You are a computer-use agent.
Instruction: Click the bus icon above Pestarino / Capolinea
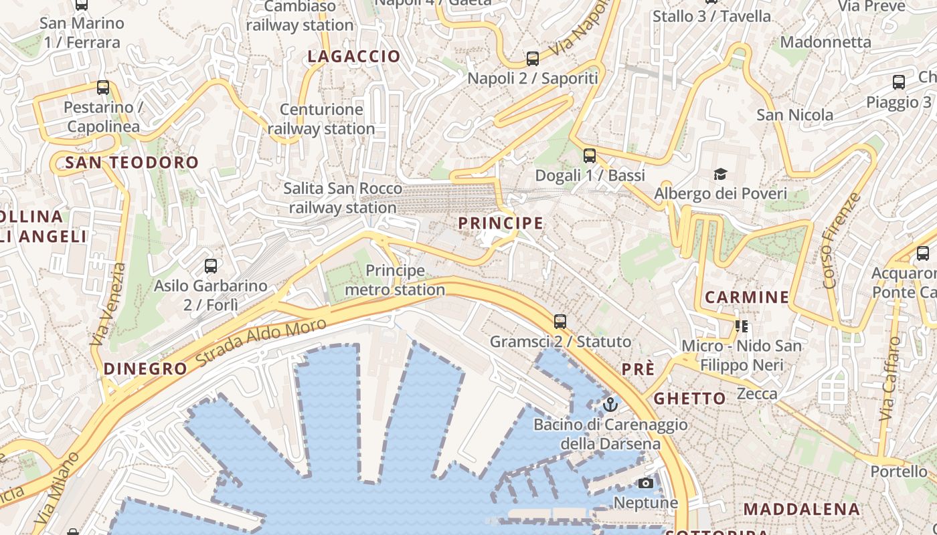[x=103, y=88]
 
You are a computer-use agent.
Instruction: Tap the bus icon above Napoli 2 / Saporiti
[x=532, y=59]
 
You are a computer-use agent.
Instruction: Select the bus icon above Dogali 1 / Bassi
[x=589, y=156]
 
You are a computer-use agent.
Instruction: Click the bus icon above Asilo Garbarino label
[x=211, y=266]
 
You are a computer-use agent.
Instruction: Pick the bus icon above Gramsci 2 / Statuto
[x=560, y=322]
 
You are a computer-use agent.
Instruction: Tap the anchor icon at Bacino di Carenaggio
[x=610, y=405]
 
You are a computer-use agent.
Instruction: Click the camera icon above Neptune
[x=646, y=483]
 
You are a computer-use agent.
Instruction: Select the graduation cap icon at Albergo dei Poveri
[x=720, y=175]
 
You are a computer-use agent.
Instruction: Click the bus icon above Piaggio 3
[x=899, y=83]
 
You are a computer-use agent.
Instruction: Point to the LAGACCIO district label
[x=353, y=57]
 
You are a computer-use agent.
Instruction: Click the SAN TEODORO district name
[x=132, y=163]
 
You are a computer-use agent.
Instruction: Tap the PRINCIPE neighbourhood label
[x=501, y=223]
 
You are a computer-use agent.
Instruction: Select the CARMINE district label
[x=747, y=297]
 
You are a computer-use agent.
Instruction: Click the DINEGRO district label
[x=145, y=368]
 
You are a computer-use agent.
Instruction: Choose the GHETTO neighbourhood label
[x=689, y=399]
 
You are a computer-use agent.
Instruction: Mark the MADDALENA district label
[x=802, y=509]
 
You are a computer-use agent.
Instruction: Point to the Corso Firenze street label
[x=841, y=241]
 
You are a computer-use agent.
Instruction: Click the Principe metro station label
[x=395, y=280]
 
